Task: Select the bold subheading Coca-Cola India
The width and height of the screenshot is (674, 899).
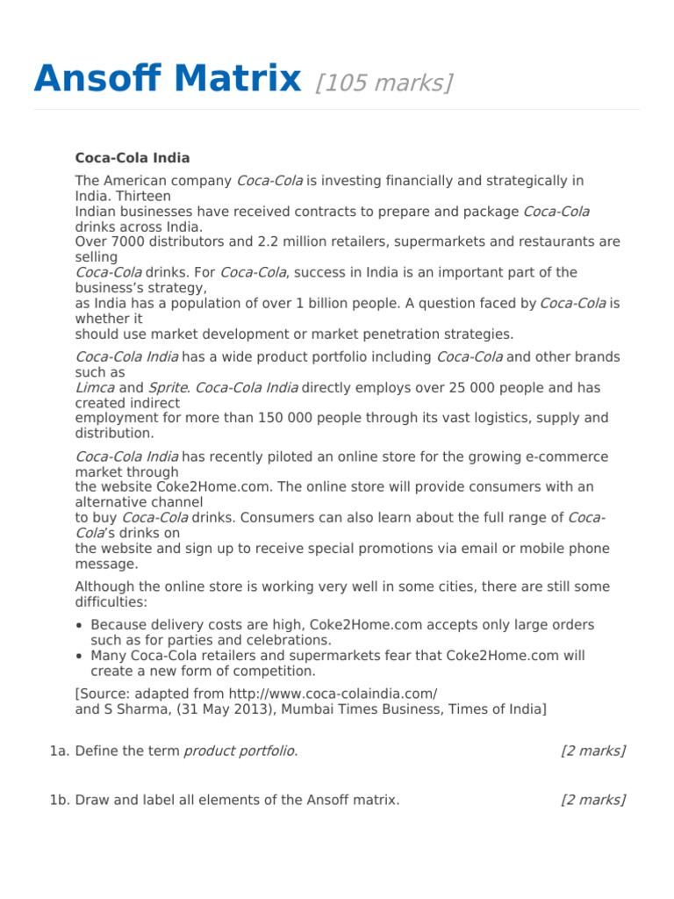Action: point(133,158)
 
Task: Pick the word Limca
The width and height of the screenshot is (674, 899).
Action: point(95,387)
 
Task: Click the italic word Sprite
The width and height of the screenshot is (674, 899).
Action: point(167,387)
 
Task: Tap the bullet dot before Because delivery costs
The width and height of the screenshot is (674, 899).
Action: point(80,625)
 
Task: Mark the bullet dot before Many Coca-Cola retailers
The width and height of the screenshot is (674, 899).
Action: point(80,656)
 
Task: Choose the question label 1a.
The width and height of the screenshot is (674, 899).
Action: point(60,751)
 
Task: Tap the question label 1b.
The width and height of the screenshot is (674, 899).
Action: point(60,800)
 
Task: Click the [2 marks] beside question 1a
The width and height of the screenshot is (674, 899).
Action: point(592,751)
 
